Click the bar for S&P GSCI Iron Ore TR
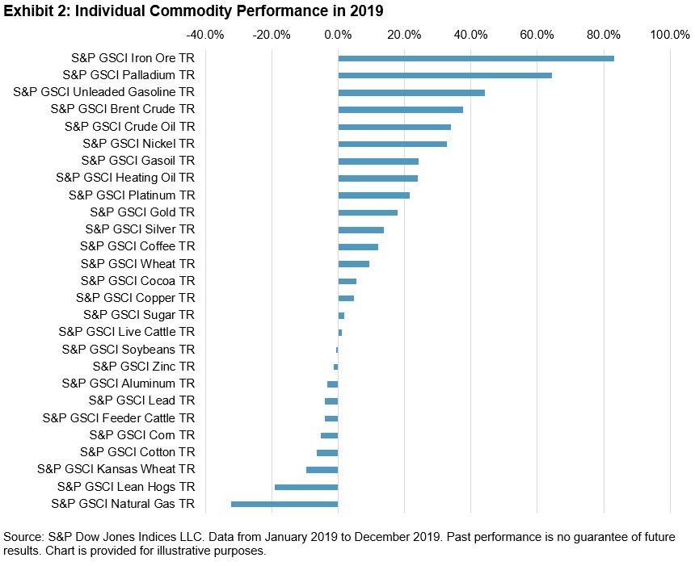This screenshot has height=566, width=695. pos(476,58)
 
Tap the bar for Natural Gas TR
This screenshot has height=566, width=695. pos(284,504)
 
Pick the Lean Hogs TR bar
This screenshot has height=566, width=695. pos(306,487)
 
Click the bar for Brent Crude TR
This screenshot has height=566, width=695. pos(400,109)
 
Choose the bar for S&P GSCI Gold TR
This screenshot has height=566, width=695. pos(368,212)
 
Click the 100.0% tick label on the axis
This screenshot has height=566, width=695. pos(670,35)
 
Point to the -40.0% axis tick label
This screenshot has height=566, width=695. pos(204,35)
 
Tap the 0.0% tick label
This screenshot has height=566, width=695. pos(338,35)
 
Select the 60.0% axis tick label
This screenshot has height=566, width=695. pos(537,35)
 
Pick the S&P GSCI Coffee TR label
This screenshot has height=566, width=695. pos(137,246)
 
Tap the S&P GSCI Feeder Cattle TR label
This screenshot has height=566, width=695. pos(118,418)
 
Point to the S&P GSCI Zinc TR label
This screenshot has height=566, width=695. pos(143,367)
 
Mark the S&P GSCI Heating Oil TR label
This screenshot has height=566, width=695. pos(125,178)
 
